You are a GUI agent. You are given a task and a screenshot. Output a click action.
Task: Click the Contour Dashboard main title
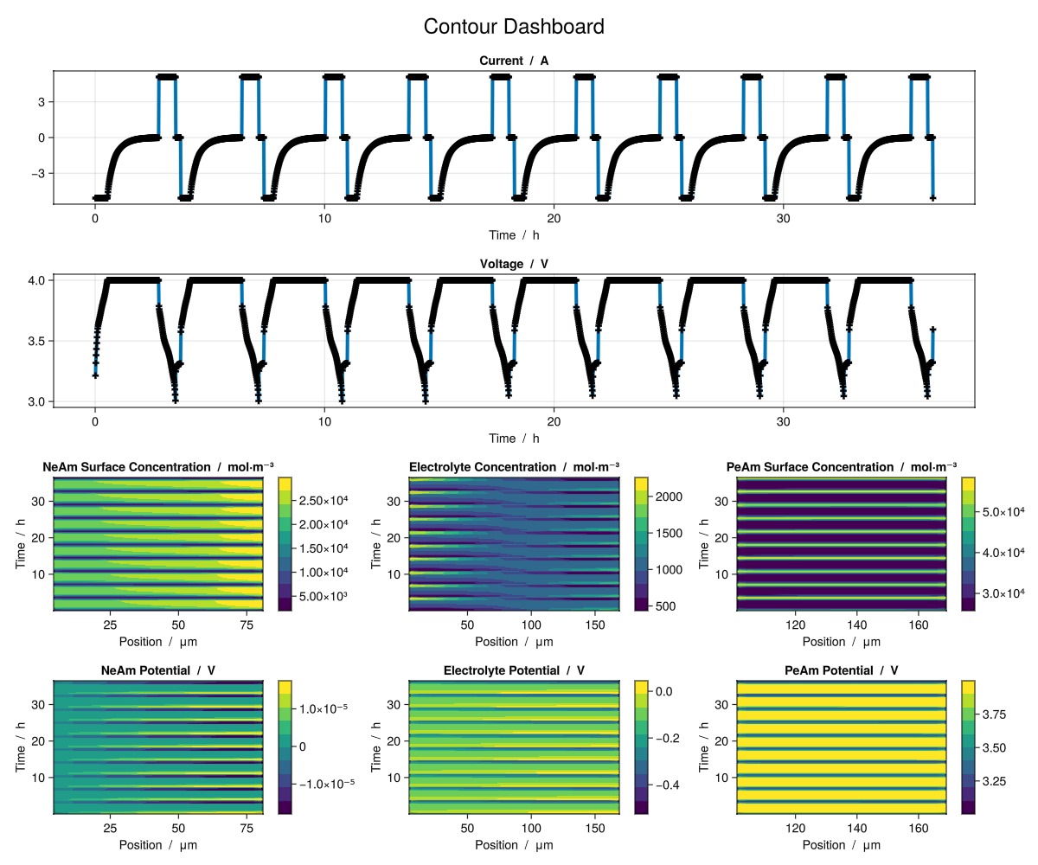pos(514,27)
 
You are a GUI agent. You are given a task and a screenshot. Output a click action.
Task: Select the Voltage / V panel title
pos(514,264)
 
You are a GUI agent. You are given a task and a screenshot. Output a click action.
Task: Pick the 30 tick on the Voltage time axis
pos(783,422)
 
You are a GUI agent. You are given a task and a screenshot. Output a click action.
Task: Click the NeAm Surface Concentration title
pos(158,467)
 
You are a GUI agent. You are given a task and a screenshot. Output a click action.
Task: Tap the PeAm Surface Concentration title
pos(842,467)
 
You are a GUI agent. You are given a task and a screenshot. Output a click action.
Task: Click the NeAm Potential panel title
pos(158,670)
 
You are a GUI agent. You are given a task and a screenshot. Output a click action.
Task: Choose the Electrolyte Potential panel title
pos(514,670)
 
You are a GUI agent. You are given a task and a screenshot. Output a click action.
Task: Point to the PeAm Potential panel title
pos(842,670)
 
